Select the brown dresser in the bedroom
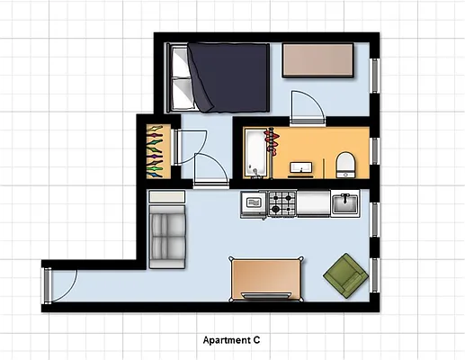click(318, 60)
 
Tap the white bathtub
click(255, 152)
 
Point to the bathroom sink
click(300, 166)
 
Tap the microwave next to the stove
click(255, 203)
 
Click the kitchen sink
click(345, 204)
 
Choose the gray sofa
click(167, 235)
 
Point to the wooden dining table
click(266, 278)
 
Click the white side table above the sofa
click(167, 196)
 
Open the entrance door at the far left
click(48, 285)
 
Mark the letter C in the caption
click(256, 341)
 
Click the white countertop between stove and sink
click(312, 204)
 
